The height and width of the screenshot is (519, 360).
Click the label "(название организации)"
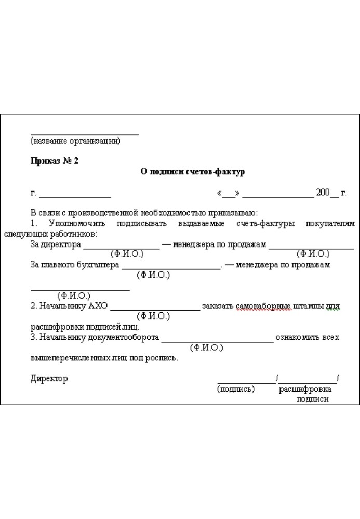[x=75, y=141]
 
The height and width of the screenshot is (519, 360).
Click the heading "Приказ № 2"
[x=55, y=161]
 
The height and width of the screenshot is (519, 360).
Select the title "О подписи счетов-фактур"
[x=193, y=172]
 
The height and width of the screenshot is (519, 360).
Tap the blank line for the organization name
[x=84, y=134]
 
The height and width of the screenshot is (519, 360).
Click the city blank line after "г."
[x=75, y=196]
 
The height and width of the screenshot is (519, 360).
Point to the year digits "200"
[x=323, y=193]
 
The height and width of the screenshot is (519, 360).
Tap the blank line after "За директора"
[x=122, y=248]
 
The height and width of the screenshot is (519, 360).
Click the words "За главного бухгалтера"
[x=75, y=265]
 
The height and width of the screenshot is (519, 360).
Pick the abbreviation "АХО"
[x=98, y=306]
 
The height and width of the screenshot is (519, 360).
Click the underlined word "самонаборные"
[x=258, y=306]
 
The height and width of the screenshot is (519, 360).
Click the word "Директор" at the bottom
[x=49, y=378]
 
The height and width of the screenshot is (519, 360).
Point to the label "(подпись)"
[x=236, y=389]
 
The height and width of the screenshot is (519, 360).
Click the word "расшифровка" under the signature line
[x=305, y=389]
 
